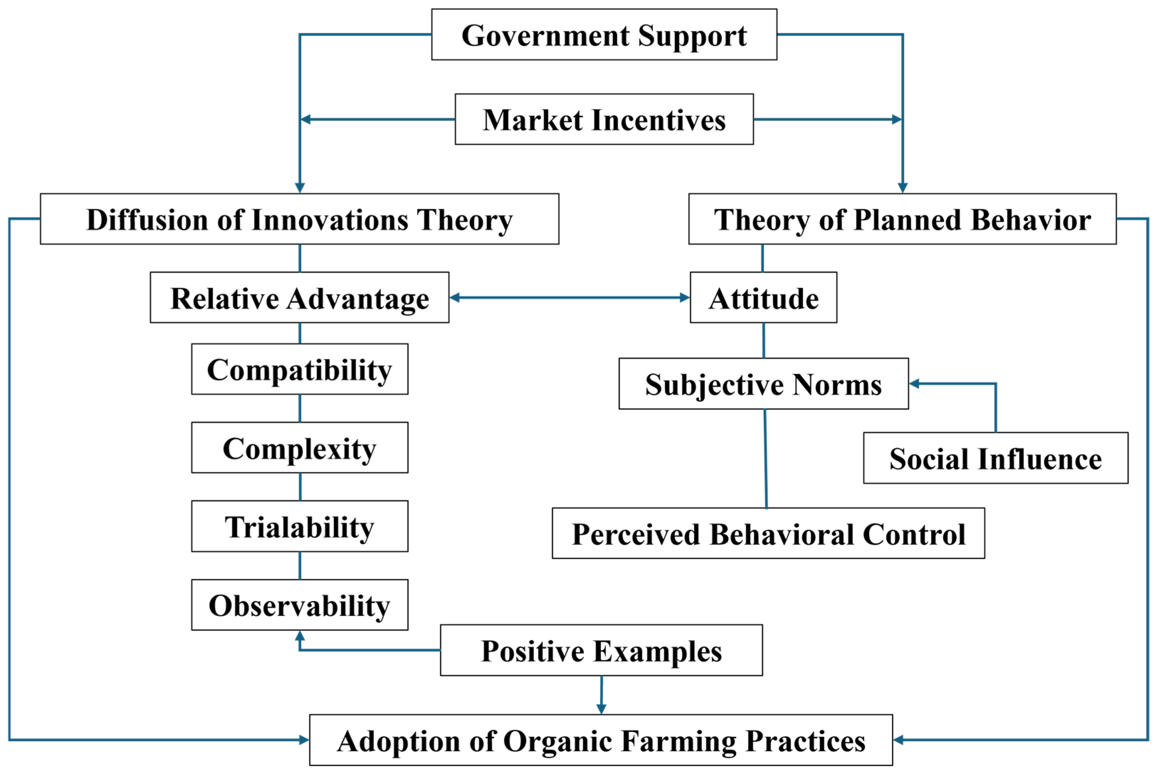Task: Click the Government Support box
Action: pyautogui.click(x=604, y=34)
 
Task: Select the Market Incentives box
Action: pyautogui.click(x=604, y=120)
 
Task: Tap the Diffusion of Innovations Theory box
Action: pyautogui.click(x=299, y=219)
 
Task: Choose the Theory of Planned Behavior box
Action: pyautogui.click(x=902, y=219)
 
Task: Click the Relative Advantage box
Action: pyautogui.click(x=299, y=298)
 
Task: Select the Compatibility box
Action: pyautogui.click(x=299, y=369)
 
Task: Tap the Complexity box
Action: pyautogui.click(x=299, y=448)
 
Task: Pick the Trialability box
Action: pyautogui.click(x=299, y=526)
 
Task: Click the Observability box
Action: pyautogui.click(x=299, y=605)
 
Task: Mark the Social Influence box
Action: pyautogui.click(x=995, y=458)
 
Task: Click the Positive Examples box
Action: pyautogui.click(x=601, y=651)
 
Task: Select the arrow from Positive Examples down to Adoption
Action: pyautogui.click(x=601, y=694)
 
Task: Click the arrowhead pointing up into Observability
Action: pyautogui.click(x=300, y=636)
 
